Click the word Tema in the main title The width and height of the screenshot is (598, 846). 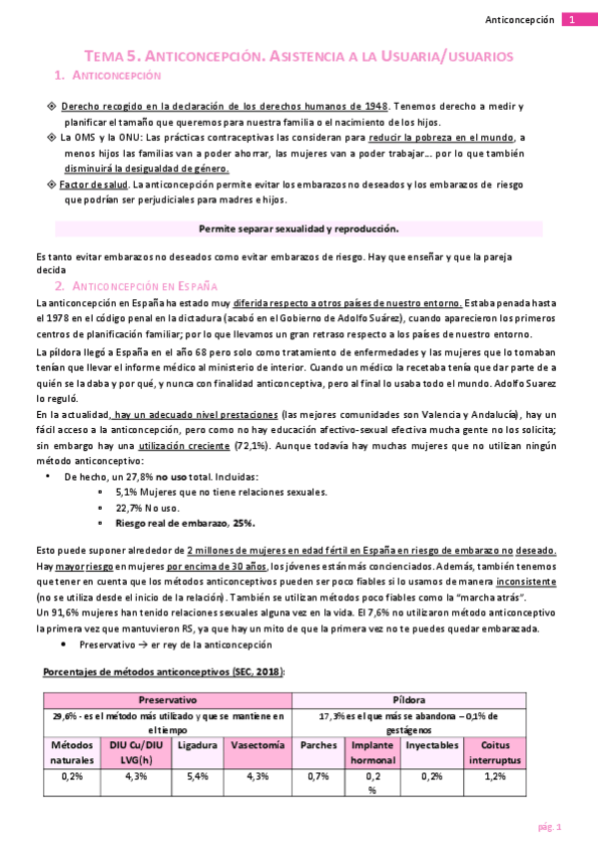[102, 57]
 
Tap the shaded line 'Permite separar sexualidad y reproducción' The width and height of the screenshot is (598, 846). [299, 228]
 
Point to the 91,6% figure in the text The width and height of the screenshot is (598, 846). [62, 614]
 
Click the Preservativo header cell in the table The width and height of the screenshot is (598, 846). [167, 701]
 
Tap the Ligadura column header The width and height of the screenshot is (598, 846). [196, 744]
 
